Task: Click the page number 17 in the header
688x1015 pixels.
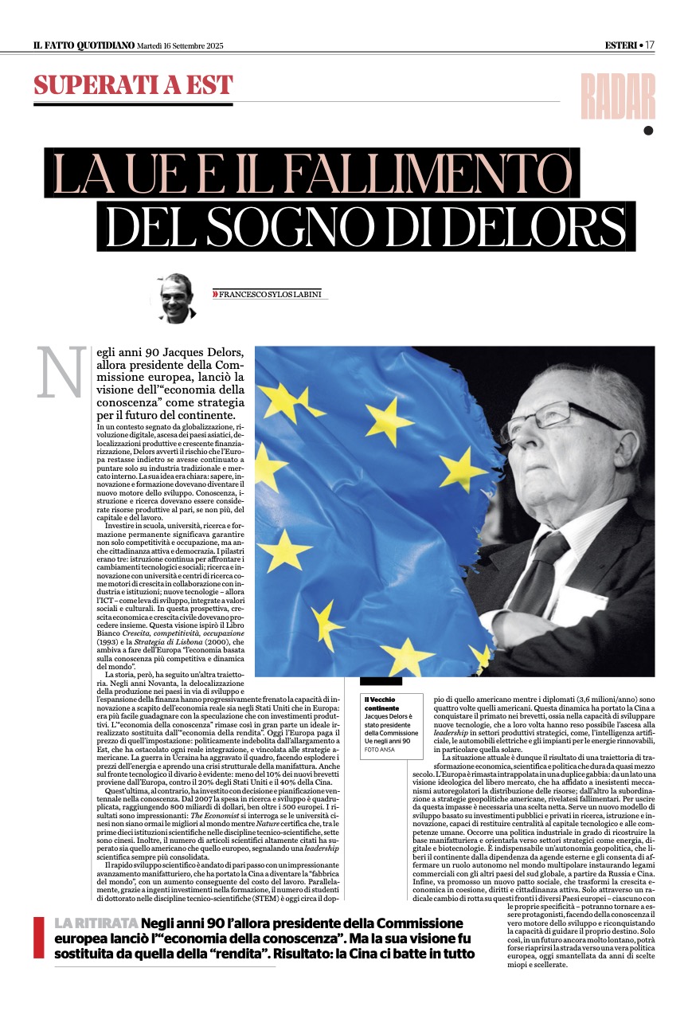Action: pos(650,45)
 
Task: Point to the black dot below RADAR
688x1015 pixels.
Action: pos(648,131)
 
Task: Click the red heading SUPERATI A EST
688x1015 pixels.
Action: pos(133,85)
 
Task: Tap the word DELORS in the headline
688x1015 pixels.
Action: pos(541,227)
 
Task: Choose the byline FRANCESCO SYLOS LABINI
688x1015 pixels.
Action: pos(271,295)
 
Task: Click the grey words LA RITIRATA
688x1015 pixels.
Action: pos(96,923)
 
